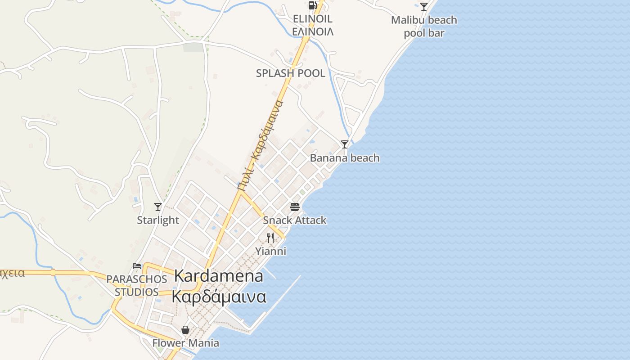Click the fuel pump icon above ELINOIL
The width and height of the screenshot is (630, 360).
click(x=312, y=5)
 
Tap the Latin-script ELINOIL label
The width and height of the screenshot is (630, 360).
click(x=312, y=19)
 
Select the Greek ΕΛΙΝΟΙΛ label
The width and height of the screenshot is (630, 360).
click(x=313, y=31)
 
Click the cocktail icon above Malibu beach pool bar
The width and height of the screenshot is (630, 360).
click(x=424, y=7)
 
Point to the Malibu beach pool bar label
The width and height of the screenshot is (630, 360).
click(x=424, y=27)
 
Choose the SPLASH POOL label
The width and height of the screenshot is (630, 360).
click(x=290, y=73)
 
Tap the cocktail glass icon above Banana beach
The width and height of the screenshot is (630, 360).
click(x=345, y=144)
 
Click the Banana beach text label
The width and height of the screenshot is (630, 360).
click(x=345, y=158)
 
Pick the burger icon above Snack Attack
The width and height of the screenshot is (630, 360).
click(x=295, y=207)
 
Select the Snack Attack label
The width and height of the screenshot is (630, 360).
click(x=295, y=220)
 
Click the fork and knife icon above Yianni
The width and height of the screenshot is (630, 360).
click(x=270, y=238)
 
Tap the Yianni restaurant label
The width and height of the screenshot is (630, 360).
click(x=270, y=251)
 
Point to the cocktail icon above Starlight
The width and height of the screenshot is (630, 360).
click(x=158, y=207)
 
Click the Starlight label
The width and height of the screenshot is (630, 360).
click(x=158, y=220)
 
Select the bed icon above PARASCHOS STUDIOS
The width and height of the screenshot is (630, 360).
click(x=137, y=266)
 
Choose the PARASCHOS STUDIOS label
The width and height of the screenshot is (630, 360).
click(x=137, y=285)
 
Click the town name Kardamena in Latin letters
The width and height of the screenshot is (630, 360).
click(x=219, y=276)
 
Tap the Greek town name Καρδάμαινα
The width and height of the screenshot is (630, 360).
click(x=219, y=297)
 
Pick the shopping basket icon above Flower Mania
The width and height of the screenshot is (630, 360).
click(x=185, y=330)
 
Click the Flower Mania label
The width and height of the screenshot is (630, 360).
click(x=185, y=343)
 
